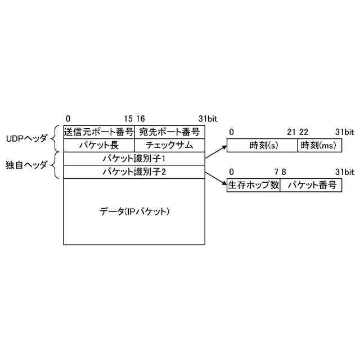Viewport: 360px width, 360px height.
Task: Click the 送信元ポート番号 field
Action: [x=98, y=132]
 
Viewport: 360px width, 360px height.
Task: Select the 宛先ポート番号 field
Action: [x=169, y=132]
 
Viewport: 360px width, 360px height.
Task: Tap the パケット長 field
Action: [x=98, y=145]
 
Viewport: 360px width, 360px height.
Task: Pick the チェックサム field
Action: [x=169, y=145]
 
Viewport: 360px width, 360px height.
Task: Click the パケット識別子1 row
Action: [x=134, y=159]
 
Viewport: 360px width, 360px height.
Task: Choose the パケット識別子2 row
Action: [x=134, y=172]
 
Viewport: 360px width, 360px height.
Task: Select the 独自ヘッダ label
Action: [x=26, y=165]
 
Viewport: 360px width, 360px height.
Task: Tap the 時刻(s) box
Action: [x=262, y=146]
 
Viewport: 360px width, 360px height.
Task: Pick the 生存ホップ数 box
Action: [x=253, y=185]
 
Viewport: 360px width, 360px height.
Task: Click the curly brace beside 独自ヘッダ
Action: [x=55, y=165]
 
